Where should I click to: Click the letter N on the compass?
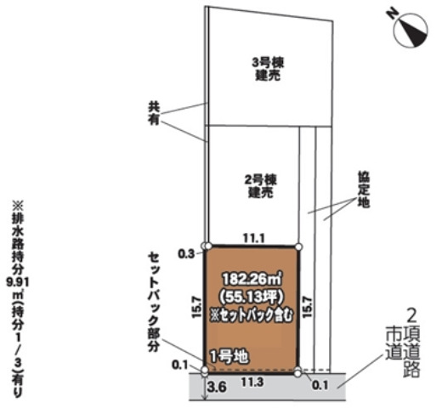coord(392,14)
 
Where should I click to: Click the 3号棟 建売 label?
coord(268,69)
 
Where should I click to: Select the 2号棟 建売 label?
coord(261,186)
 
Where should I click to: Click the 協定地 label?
coord(364,190)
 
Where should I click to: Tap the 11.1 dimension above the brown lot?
coord(254,238)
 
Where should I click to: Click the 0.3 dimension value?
coord(186,254)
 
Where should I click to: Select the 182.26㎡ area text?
coord(252,280)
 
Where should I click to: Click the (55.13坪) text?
coord(251,297)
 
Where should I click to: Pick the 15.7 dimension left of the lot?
coord(197,307)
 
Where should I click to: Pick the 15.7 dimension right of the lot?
coord(307,307)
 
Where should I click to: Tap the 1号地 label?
coord(229,356)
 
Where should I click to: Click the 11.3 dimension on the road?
coord(252,382)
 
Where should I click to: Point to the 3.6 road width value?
coord(217,387)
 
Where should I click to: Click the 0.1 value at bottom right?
coord(320,385)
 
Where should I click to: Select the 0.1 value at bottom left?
coord(180,365)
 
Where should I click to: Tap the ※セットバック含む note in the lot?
coord(252,315)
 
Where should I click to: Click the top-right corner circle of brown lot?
coord(298,246)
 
